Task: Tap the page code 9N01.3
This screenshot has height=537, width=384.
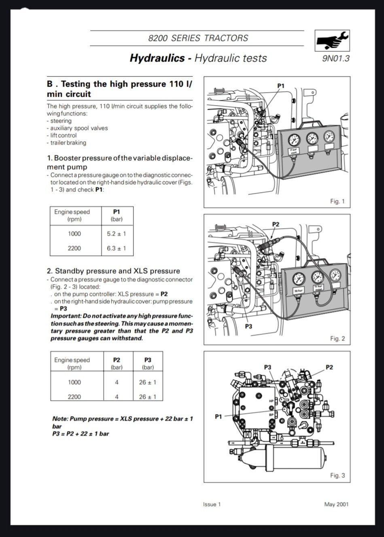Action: pyautogui.click(x=335, y=58)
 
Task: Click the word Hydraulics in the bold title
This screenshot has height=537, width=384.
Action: pyautogui.click(x=157, y=58)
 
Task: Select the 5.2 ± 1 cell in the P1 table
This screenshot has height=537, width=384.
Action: pyautogui.click(x=117, y=233)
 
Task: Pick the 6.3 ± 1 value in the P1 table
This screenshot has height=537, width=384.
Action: pyautogui.click(x=117, y=248)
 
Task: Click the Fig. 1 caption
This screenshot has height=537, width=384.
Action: pyautogui.click(x=337, y=201)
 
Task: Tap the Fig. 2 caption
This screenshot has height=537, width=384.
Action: pyautogui.click(x=337, y=338)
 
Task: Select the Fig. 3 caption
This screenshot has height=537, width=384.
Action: pyautogui.click(x=337, y=475)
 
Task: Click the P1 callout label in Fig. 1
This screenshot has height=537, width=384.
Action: pyautogui.click(x=281, y=86)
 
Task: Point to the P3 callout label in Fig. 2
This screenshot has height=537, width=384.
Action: pyautogui.click(x=249, y=326)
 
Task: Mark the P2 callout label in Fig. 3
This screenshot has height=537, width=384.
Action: pyautogui.click(x=329, y=367)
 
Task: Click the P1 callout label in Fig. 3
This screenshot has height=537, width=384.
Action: pyautogui.click(x=219, y=416)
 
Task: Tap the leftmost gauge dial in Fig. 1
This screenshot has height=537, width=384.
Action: pyautogui.click(x=294, y=140)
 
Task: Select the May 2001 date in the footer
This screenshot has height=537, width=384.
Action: pyautogui.click(x=336, y=504)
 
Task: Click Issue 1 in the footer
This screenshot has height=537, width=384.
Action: pyautogui.click(x=212, y=504)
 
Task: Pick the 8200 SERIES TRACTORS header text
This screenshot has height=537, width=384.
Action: pyautogui.click(x=198, y=38)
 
